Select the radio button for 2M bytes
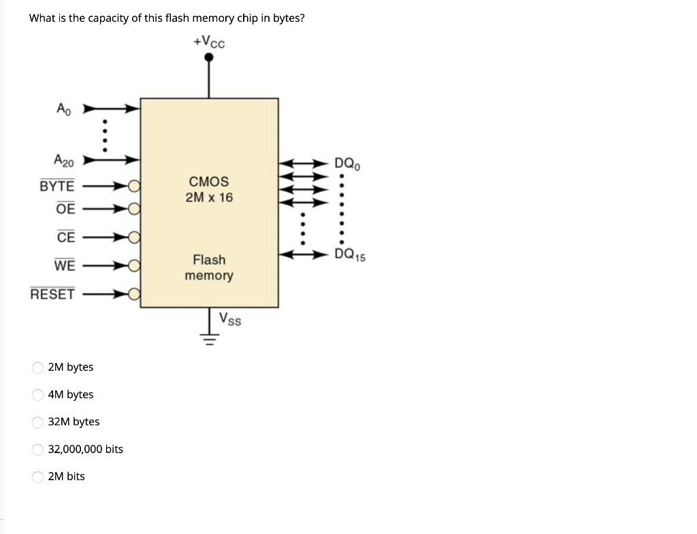click(x=37, y=367)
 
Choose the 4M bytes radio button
click(x=37, y=395)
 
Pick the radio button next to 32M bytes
click(x=37, y=422)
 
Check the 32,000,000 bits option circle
click(x=37, y=449)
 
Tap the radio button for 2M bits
click(x=37, y=477)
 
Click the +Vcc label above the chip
click(x=209, y=42)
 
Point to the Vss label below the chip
click(x=230, y=319)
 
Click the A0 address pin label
click(x=63, y=108)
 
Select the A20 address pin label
click(x=64, y=161)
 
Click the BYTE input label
click(x=57, y=186)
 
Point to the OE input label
click(x=65, y=209)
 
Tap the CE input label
click(x=65, y=237)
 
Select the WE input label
click(x=65, y=266)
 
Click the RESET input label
click(x=52, y=294)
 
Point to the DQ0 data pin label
click(x=347, y=163)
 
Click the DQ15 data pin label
click(x=350, y=255)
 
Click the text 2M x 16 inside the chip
click(x=209, y=197)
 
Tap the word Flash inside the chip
click(x=209, y=260)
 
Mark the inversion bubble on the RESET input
click(x=135, y=294)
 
